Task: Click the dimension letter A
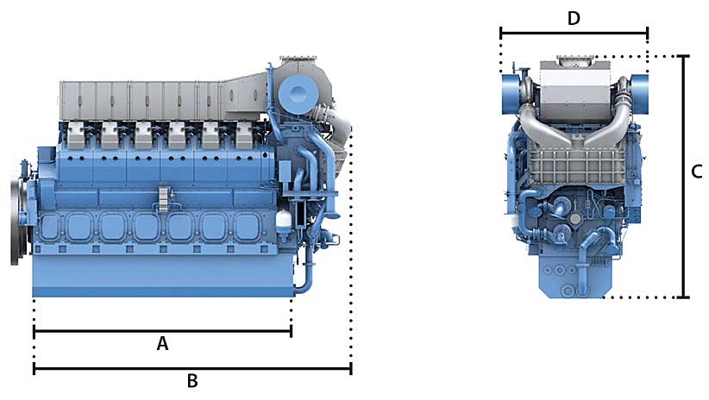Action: (162, 344)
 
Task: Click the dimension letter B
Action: (192, 381)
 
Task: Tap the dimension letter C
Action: (697, 172)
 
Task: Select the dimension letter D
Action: (574, 18)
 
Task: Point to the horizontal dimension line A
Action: (163, 331)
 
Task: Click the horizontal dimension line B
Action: (192, 369)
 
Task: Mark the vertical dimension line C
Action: (684, 177)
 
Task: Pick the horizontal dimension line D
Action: (574, 33)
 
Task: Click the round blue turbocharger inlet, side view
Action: (296, 94)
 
